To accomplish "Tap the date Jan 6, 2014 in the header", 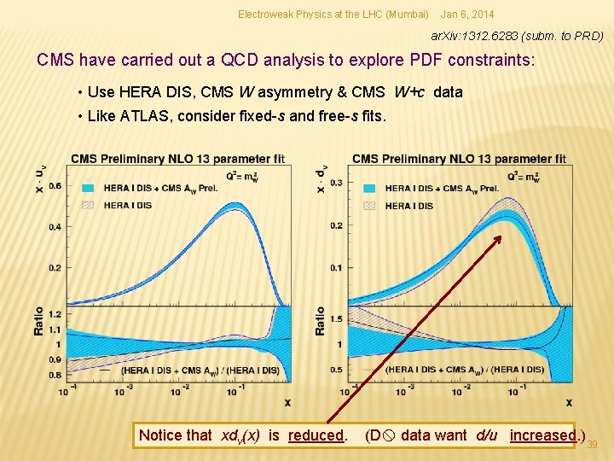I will (466, 15).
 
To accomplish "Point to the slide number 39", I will (592, 444).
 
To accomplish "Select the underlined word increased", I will (542, 435).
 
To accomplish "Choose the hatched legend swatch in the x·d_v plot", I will (368, 206).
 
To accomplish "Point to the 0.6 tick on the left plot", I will (55, 185).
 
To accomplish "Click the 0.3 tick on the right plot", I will (336, 183).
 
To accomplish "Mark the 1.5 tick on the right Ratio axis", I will (336, 318).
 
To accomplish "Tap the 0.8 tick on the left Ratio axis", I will (55, 375).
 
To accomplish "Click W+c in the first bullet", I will (410, 92).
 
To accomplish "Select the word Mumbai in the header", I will (408, 15).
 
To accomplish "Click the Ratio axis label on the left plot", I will (39, 321).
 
